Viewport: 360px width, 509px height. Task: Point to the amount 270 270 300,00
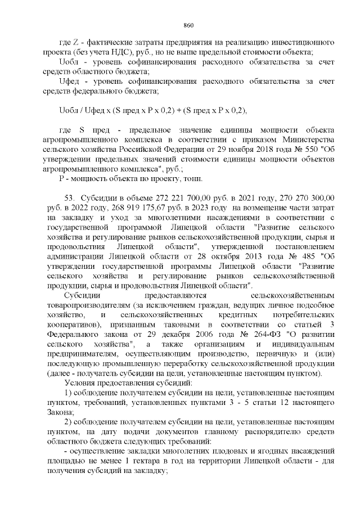(x=301, y=198)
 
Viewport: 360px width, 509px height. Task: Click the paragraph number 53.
(x=70, y=198)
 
